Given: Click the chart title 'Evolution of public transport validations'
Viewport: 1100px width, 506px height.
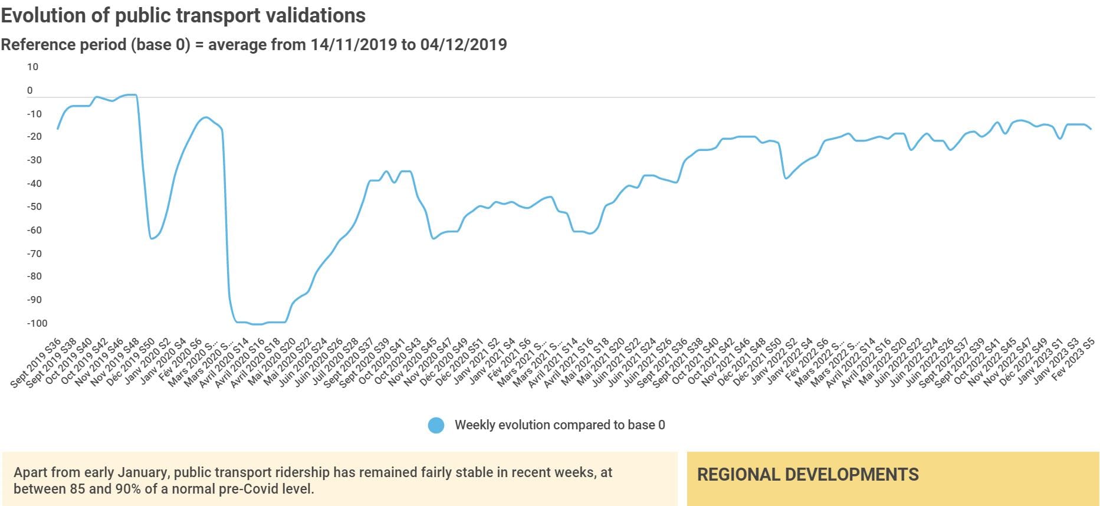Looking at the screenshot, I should click(183, 15).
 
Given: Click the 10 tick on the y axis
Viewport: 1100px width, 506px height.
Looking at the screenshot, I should click(32, 67).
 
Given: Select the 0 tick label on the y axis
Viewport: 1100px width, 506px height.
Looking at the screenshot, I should click(30, 91).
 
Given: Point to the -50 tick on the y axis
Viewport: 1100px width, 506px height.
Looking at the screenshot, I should click(34, 206).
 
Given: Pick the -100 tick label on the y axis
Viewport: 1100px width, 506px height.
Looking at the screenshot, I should click(37, 323).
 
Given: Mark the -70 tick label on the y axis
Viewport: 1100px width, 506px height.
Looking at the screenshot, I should click(34, 254).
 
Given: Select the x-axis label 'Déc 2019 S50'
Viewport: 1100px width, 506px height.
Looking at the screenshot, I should click(131, 363).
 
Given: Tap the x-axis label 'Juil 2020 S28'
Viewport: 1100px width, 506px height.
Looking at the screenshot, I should click(335, 363).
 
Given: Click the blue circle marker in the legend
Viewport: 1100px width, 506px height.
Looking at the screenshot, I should click(436, 425).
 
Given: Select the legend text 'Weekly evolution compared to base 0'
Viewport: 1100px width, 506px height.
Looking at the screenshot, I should click(560, 425).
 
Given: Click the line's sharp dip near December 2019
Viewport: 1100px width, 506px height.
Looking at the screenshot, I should click(152, 238).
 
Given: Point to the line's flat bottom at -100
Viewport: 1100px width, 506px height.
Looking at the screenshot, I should click(257, 324).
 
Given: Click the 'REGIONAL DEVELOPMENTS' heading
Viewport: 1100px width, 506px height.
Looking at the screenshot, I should click(807, 475).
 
